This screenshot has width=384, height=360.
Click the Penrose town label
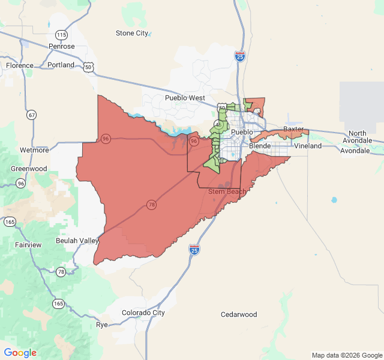[x=61, y=46]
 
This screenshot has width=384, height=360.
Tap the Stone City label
[x=132, y=33]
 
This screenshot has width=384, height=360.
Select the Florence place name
[x=20, y=65]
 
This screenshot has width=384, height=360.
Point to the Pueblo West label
[x=185, y=98]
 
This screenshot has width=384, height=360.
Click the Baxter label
[x=293, y=129]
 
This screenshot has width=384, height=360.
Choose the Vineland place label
[x=308, y=146]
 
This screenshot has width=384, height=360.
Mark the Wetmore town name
[x=34, y=149]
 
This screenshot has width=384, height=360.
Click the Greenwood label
[x=29, y=169]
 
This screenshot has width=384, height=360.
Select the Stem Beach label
[x=227, y=191]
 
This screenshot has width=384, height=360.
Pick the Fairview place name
[x=28, y=245]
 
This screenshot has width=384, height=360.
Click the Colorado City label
[x=143, y=313]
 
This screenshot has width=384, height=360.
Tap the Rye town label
[x=102, y=325]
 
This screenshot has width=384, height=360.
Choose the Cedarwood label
[x=239, y=314]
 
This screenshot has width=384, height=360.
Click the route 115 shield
[x=61, y=34]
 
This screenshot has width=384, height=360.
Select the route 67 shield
[x=31, y=115]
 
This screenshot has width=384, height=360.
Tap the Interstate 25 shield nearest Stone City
[x=240, y=56]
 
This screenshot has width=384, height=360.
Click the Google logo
[x=20, y=353]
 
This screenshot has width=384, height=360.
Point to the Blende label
[x=260, y=146]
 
